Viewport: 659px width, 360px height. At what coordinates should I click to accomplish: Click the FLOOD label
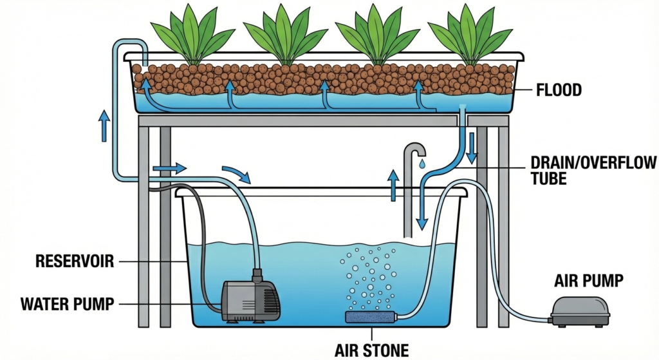559,90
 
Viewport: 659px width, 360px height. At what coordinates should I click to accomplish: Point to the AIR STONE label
371,350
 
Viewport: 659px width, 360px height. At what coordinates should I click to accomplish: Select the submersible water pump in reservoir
251,300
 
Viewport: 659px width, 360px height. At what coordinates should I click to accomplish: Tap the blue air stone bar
370,317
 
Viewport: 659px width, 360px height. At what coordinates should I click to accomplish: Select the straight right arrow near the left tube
169,169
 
